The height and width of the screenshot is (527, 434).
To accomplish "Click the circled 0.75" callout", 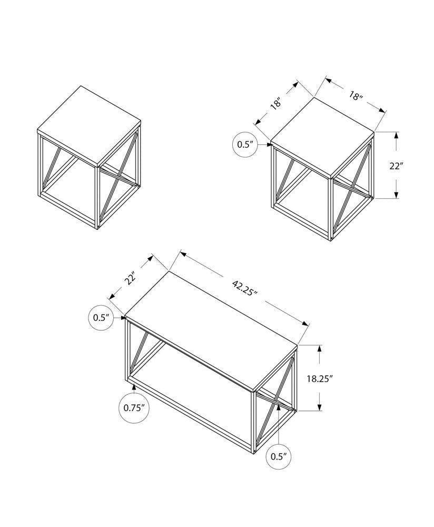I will (x=134, y=407).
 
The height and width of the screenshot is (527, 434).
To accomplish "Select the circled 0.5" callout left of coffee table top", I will (x=101, y=317).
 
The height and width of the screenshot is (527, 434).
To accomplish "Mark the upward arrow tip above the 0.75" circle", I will (x=134, y=386).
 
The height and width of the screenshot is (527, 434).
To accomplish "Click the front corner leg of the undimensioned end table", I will (x=98, y=198).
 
